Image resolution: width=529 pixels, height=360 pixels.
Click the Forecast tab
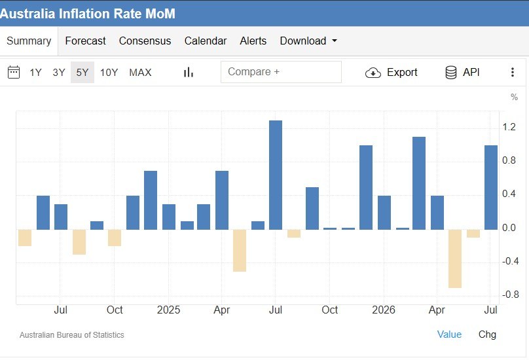pos(85,41)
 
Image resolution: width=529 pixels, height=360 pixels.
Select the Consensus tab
pos(145,41)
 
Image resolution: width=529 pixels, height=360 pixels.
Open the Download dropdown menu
pos(308,41)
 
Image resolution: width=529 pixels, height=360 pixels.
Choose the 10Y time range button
pos(109,72)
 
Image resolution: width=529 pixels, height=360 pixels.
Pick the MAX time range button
pos(140,72)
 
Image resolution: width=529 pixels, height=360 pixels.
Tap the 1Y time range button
pos(35,72)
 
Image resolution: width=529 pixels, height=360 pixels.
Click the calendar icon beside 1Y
pos(14,72)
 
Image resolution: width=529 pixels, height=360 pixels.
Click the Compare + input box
pos(281,72)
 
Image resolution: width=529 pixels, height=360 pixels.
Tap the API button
pos(462,72)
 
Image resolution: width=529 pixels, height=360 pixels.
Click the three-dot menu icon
pos(513,72)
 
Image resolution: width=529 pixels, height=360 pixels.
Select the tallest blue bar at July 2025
pos(276,175)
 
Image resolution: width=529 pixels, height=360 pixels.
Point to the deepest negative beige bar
pos(455,259)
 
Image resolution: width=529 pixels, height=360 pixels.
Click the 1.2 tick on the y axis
pos(509,127)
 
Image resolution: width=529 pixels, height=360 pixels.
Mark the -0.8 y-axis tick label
pos(510,295)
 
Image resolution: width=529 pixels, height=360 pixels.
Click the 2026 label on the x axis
pos(384,310)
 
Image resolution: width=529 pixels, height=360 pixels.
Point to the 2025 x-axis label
pos(168,310)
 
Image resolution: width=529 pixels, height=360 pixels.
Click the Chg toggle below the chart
pos(487,334)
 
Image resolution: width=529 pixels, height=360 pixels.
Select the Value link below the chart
pos(449,334)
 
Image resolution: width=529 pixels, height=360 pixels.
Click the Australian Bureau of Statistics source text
pos(72,335)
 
